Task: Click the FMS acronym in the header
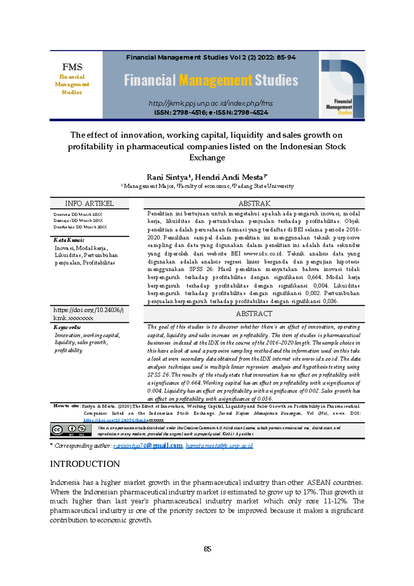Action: point(72,67)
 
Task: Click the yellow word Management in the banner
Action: point(216,80)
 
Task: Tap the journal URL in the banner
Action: point(210,103)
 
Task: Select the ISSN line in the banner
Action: point(211,113)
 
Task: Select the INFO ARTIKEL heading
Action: point(89,204)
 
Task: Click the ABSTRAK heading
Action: point(254,204)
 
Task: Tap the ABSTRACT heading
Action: point(254,314)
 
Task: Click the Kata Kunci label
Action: point(69,240)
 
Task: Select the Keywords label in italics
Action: point(67,327)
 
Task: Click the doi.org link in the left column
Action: point(88,314)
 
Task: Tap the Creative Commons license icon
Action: point(71,430)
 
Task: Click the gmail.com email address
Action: point(148,446)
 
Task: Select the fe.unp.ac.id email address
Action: point(219,446)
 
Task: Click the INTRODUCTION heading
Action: point(85,464)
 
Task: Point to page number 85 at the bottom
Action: point(207,549)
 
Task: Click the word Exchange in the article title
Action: point(207,158)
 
